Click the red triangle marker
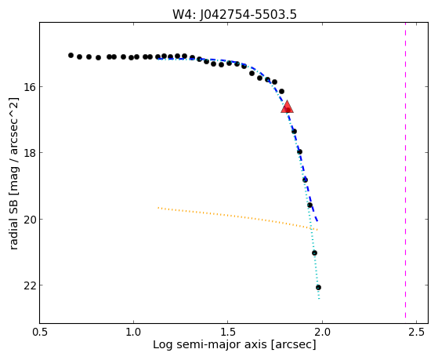coord(287,107)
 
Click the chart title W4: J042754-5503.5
coord(234,15)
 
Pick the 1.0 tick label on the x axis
coord(133,332)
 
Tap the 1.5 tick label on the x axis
coord(228,332)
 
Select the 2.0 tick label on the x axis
coord(322,332)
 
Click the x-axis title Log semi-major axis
coord(209,345)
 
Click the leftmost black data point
coord(71,56)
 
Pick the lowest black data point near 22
coord(318,288)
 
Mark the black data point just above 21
coord(314,253)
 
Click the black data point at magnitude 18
coord(300,152)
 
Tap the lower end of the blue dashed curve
coord(317,221)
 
